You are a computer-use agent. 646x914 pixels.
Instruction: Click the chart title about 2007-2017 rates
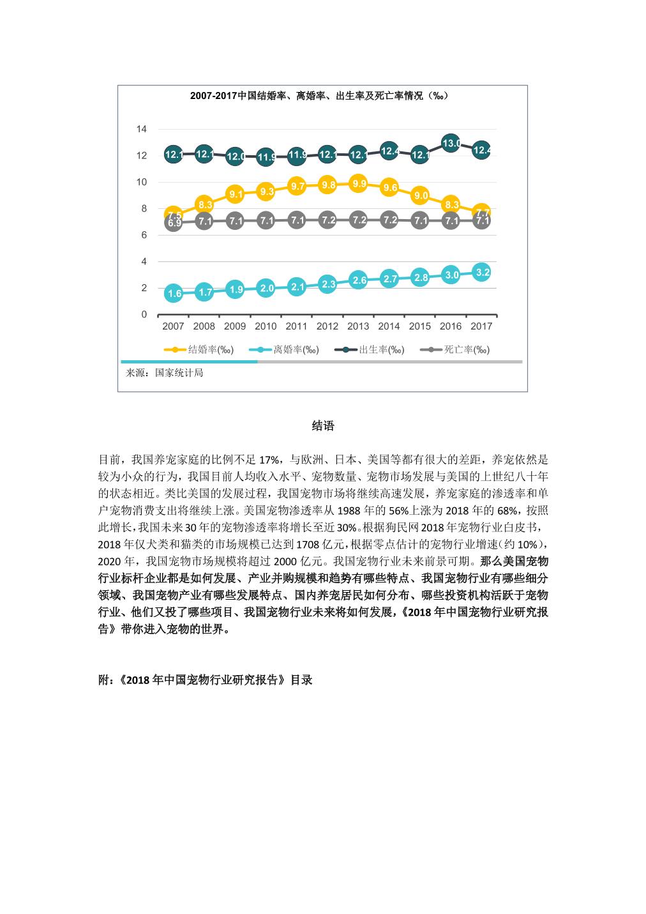[x=319, y=96]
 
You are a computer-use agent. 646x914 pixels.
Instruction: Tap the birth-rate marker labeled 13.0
[x=451, y=143]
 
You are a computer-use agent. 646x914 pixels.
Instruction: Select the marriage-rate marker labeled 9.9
[x=359, y=184]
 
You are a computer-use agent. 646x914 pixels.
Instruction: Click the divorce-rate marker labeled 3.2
[x=483, y=272]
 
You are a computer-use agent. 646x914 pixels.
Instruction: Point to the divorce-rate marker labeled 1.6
[x=174, y=294]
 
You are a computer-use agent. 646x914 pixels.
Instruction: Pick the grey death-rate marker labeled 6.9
[x=174, y=224]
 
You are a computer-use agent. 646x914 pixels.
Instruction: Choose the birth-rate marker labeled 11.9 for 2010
[x=266, y=156]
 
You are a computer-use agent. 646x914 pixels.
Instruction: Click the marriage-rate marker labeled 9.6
[x=389, y=188]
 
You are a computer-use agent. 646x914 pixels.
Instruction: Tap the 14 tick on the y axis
[x=141, y=129]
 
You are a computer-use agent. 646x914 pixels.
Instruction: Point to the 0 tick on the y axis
[x=144, y=314]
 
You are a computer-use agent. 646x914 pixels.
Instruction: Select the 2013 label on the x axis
[x=358, y=326]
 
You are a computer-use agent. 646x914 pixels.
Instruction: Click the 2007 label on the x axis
[x=173, y=326]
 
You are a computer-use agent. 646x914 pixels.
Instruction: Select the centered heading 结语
[x=323, y=426]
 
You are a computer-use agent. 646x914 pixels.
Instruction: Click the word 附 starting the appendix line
[x=103, y=680]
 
